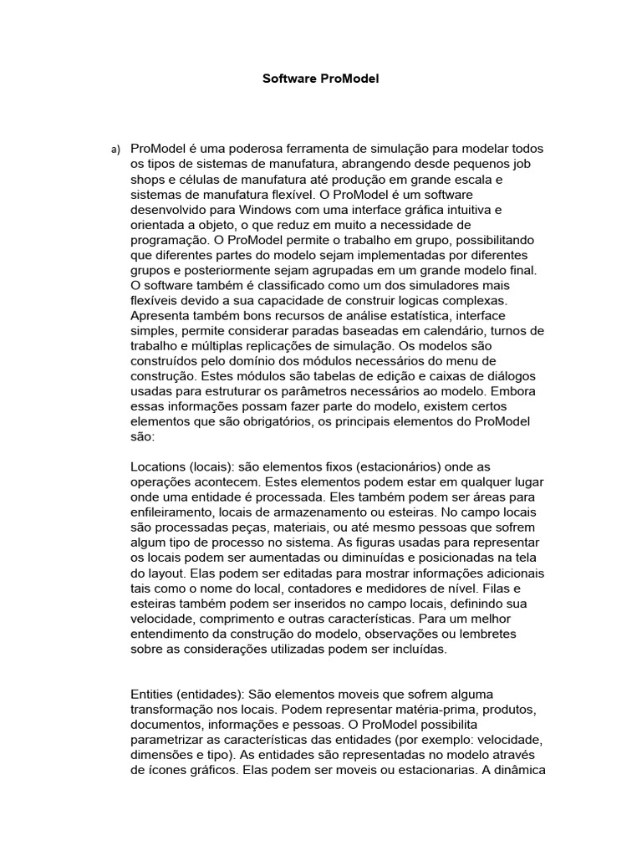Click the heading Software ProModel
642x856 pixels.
click(321, 79)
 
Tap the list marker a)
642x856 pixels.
click(115, 150)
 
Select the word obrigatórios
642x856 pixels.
click(269, 420)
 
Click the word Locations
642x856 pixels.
click(158, 466)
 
